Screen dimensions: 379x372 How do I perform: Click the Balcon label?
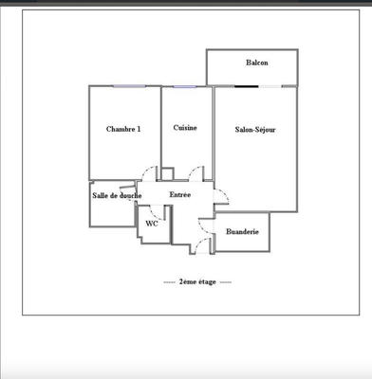point(256,63)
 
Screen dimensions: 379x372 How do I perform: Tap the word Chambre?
point(121,129)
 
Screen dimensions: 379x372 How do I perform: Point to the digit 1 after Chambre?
point(139,129)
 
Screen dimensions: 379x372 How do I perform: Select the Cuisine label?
point(185,128)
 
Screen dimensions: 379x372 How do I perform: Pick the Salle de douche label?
point(117,195)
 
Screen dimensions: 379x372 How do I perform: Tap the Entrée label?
point(179,194)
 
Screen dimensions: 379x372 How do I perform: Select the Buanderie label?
point(243,231)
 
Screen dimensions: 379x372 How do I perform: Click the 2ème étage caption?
point(197,281)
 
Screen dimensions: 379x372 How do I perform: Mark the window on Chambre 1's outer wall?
point(125,86)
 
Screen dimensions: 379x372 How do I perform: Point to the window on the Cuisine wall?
point(186,86)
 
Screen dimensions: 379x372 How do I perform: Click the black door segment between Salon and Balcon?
point(246,86)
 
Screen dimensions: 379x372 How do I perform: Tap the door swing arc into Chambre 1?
point(149,172)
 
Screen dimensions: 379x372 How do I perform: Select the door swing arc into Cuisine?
point(196,171)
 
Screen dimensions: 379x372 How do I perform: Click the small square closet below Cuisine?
point(167,173)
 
